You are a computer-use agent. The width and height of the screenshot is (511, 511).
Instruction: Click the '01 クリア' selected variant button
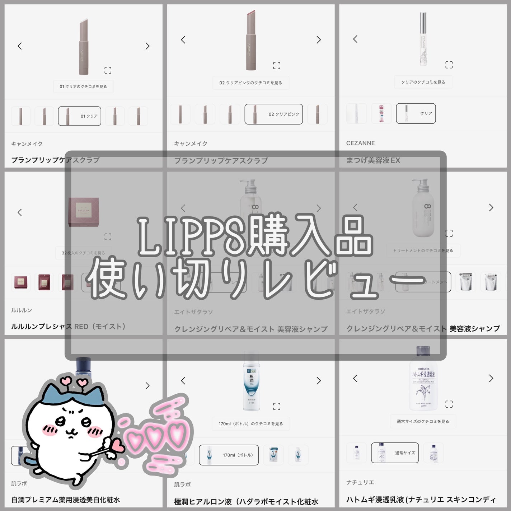pos(79,116)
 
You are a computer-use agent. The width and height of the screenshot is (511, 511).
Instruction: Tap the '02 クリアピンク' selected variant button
pos(273,114)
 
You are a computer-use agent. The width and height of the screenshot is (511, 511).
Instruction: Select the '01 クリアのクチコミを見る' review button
pos(83,86)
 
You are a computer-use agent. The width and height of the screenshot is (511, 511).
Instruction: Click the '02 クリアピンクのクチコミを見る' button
pos(250,83)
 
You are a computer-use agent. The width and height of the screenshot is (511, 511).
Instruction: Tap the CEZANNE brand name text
pos(360,143)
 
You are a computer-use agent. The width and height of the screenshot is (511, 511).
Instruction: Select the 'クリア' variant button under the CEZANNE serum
pos(416,113)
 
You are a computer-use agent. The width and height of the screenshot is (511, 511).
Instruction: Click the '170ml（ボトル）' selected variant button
pos(229,455)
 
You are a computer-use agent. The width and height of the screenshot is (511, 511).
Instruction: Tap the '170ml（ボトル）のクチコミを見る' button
pos(250,424)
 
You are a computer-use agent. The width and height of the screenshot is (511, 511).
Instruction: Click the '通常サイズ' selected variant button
pos(395,453)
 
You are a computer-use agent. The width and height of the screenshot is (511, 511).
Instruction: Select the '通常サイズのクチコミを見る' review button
pos(423,421)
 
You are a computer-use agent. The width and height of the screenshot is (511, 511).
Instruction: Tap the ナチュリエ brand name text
pos(360,482)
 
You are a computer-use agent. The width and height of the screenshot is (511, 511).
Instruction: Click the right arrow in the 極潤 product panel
pos(318,381)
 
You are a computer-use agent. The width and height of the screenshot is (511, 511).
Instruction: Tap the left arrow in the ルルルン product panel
pos(20,212)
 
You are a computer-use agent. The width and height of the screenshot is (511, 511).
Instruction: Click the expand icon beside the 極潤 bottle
pos(276,406)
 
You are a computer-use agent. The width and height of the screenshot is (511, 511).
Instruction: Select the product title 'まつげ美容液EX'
pos(373,160)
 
